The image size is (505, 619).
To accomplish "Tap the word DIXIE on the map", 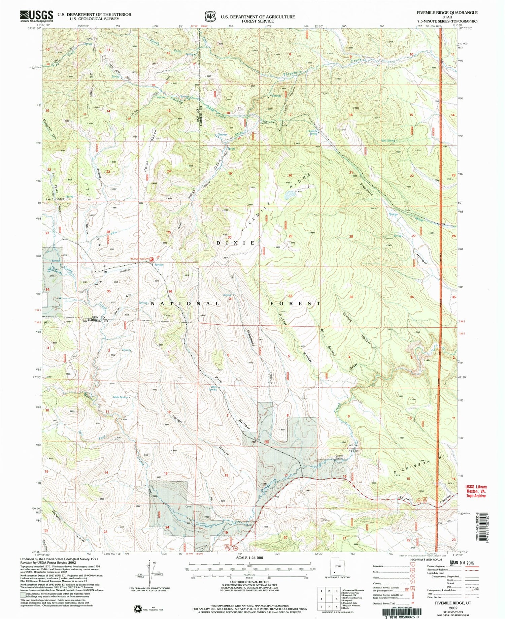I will pyautogui.click(x=235, y=243).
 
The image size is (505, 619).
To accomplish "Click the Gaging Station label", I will pyautogui.click(x=339, y=457).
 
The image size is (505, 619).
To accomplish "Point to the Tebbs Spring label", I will pyautogui.click(x=120, y=397).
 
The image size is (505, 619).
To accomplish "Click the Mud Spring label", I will pyautogui.click(x=388, y=140).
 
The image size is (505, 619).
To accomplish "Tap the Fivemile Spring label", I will pyautogui.click(x=313, y=132).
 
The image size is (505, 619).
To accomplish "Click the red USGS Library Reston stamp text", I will pyautogui.click(x=476, y=491).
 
